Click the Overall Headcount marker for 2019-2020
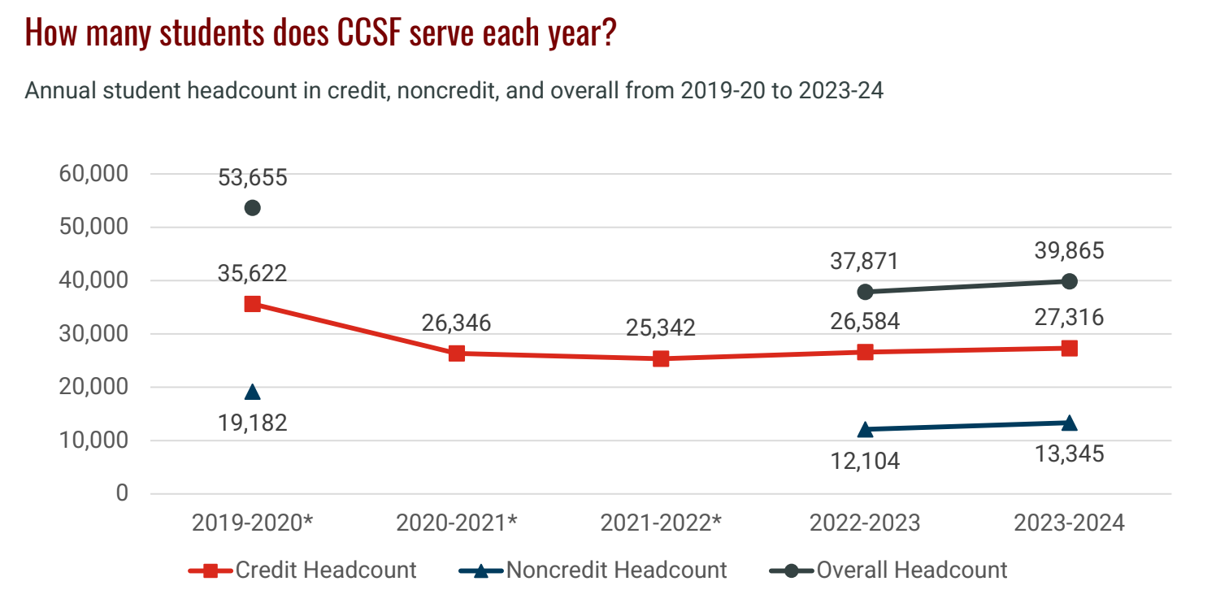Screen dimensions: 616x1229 tap(253, 208)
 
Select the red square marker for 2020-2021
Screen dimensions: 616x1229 tap(457, 354)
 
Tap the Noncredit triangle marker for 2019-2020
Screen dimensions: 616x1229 tap(253, 392)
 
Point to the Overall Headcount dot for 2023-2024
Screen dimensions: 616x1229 tap(1070, 281)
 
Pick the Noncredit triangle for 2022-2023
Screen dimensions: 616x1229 tap(865, 429)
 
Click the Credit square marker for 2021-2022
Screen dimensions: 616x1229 tap(661, 358)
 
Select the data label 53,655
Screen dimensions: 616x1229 tap(253, 178)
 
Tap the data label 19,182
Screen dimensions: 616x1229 tap(253, 423)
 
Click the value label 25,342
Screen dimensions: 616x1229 tap(661, 328)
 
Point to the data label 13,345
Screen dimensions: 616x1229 tap(1070, 453)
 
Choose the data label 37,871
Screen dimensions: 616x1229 tap(865, 262)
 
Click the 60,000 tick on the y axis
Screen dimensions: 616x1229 tap(93, 174)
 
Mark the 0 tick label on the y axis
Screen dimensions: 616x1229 tap(122, 493)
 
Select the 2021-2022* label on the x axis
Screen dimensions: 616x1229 tap(661, 523)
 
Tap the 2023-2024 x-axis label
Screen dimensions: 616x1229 tap(1070, 523)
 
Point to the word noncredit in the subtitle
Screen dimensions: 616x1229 tap(449, 91)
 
